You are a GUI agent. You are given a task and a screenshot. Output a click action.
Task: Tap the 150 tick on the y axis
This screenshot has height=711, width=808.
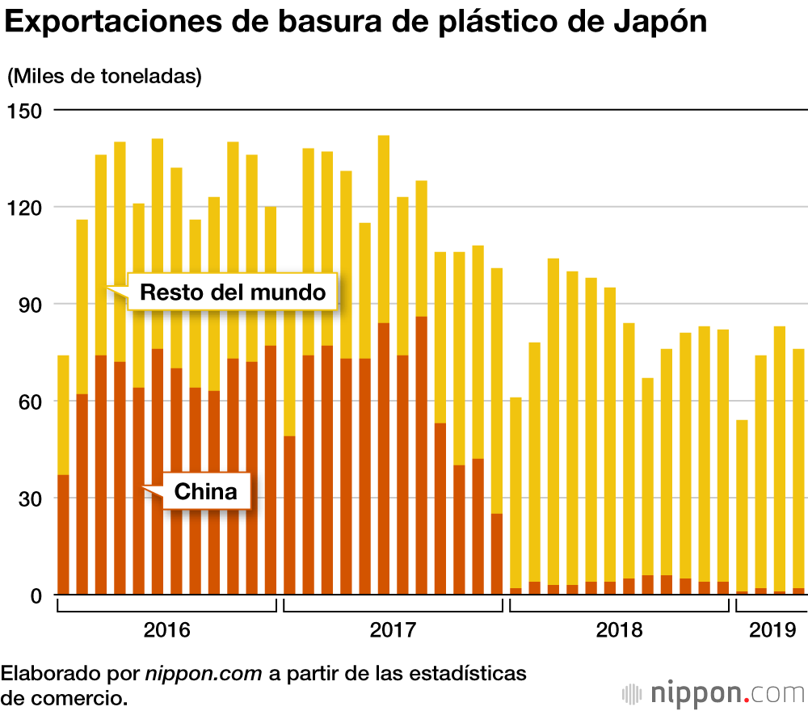click(x=25, y=110)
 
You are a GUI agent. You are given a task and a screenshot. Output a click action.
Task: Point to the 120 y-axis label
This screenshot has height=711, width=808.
click(x=25, y=207)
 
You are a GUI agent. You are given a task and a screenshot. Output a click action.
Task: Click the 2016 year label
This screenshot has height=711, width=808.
click(x=166, y=629)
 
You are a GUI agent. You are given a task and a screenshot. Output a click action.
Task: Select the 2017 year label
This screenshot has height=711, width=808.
click(x=393, y=629)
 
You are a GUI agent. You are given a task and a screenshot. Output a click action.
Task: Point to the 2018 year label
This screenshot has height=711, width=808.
click(x=619, y=629)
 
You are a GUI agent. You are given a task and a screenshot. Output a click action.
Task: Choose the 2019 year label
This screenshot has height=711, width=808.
click(x=772, y=629)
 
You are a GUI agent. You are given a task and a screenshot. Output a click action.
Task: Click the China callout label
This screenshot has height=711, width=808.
click(x=207, y=491)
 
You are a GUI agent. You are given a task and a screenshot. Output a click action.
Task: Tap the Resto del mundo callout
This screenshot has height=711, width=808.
click(x=233, y=292)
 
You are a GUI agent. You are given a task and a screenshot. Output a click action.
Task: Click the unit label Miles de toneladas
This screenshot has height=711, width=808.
click(x=104, y=77)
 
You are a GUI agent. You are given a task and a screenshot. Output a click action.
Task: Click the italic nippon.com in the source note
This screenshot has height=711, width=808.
click(x=204, y=673)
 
